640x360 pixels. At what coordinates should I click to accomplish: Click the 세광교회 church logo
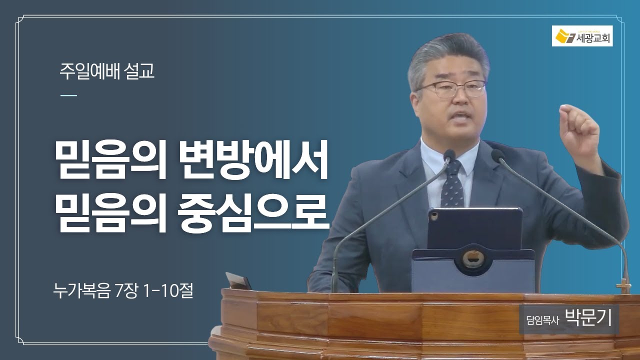[x=582, y=35]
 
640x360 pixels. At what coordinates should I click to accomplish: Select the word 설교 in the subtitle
[x=139, y=71]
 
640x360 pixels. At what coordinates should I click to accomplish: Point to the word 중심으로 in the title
[x=253, y=212]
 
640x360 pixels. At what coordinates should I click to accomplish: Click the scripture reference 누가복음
[x=81, y=291]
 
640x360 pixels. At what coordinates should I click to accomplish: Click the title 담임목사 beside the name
[x=542, y=320]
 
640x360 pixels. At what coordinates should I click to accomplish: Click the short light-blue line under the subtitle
[x=68, y=95]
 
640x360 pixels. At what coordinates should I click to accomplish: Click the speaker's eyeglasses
[x=452, y=88]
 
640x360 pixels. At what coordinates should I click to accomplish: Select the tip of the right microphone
[x=497, y=155]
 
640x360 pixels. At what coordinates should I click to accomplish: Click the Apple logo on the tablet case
[x=473, y=259]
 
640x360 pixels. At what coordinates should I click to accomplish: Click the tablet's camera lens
[x=434, y=215]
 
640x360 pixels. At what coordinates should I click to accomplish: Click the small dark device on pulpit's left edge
[x=238, y=281]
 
